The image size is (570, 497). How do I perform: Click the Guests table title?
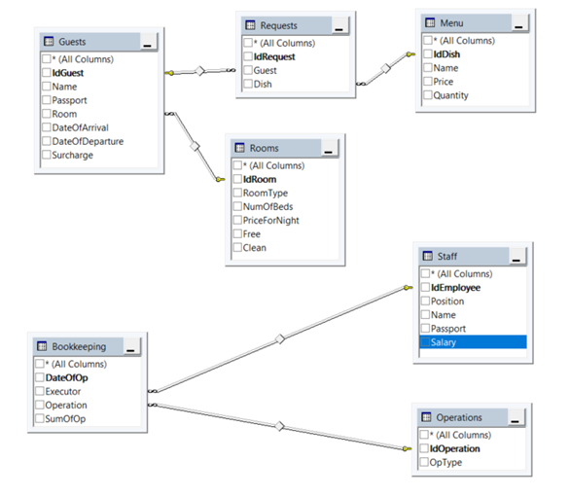coord(72,43)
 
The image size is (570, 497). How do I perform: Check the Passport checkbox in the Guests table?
coord(46,100)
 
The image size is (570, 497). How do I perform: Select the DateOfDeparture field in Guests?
coord(89,141)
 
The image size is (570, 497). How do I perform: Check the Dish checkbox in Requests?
coord(248,85)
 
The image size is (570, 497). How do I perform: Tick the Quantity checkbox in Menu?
coord(425,95)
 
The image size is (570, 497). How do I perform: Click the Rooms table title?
coord(264,148)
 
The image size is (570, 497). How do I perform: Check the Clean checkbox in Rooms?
coord(236,247)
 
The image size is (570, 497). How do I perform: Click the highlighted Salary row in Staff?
coord(471,342)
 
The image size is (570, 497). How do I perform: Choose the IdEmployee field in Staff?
coord(457,288)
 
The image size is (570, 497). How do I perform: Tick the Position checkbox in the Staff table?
coord(424,302)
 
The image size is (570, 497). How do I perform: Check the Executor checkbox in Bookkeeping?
coord(39,391)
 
